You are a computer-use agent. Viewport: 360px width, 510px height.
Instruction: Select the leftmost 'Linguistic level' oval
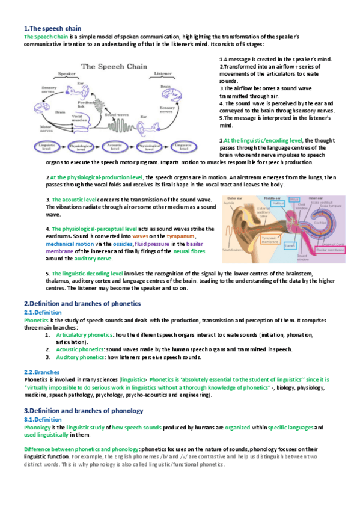(47, 146)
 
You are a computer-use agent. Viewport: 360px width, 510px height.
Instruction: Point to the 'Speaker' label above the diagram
(67, 74)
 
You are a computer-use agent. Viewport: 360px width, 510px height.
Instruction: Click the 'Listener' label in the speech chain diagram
(163, 74)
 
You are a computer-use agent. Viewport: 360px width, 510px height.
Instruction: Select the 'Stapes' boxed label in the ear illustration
(272, 245)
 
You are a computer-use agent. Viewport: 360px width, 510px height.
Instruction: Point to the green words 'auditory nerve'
(93, 258)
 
